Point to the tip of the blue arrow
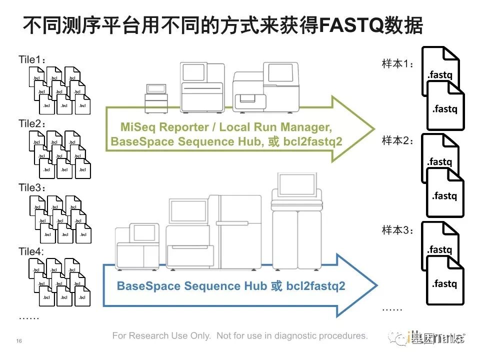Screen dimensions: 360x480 click(x=375, y=286)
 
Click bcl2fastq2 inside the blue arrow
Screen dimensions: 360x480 click(x=315, y=286)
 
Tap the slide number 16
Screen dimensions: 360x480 click(x=19, y=341)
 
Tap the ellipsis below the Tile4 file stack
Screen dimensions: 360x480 click(x=28, y=316)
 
